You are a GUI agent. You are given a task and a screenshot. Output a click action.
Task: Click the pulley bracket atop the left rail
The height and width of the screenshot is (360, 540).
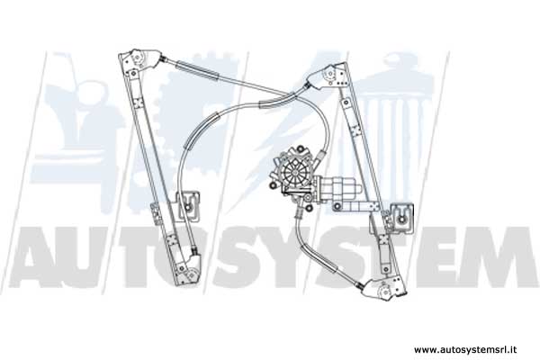click(x=139, y=59)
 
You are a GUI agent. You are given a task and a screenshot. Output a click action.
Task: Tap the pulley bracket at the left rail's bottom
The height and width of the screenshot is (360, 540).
click(x=189, y=270)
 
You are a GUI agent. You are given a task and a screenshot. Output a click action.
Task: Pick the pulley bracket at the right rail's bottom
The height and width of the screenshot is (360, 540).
click(x=384, y=290)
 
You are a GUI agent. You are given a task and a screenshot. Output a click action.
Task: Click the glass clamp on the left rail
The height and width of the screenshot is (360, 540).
click(x=188, y=206)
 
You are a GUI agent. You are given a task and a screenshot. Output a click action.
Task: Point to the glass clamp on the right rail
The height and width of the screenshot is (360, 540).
click(x=401, y=218)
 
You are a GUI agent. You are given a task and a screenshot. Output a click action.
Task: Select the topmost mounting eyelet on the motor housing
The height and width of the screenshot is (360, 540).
click(x=301, y=148)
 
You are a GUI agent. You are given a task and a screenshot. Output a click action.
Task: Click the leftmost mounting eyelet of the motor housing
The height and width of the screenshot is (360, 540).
click(x=273, y=186)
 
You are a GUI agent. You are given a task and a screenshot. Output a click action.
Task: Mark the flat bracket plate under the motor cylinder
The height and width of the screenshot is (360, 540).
click(x=356, y=206)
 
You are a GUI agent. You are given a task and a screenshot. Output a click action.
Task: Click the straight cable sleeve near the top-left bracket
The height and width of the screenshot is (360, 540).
click(x=196, y=70)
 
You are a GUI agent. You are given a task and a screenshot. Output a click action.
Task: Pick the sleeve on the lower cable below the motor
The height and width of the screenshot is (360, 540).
click(x=318, y=259)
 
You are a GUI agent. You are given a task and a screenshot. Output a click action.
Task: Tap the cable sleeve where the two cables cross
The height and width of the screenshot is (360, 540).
click(x=277, y=100)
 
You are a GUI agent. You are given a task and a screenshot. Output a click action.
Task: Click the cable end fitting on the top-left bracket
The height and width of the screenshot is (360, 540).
click(x=165, y=59)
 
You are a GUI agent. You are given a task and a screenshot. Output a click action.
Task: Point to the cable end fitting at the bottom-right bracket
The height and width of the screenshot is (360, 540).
click(x=359, y=285)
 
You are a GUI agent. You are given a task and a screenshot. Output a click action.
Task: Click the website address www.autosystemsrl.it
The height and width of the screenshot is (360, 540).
click(x=465, y=350)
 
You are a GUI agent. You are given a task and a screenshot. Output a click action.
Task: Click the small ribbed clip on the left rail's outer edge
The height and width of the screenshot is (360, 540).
click(x=156, y=214)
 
